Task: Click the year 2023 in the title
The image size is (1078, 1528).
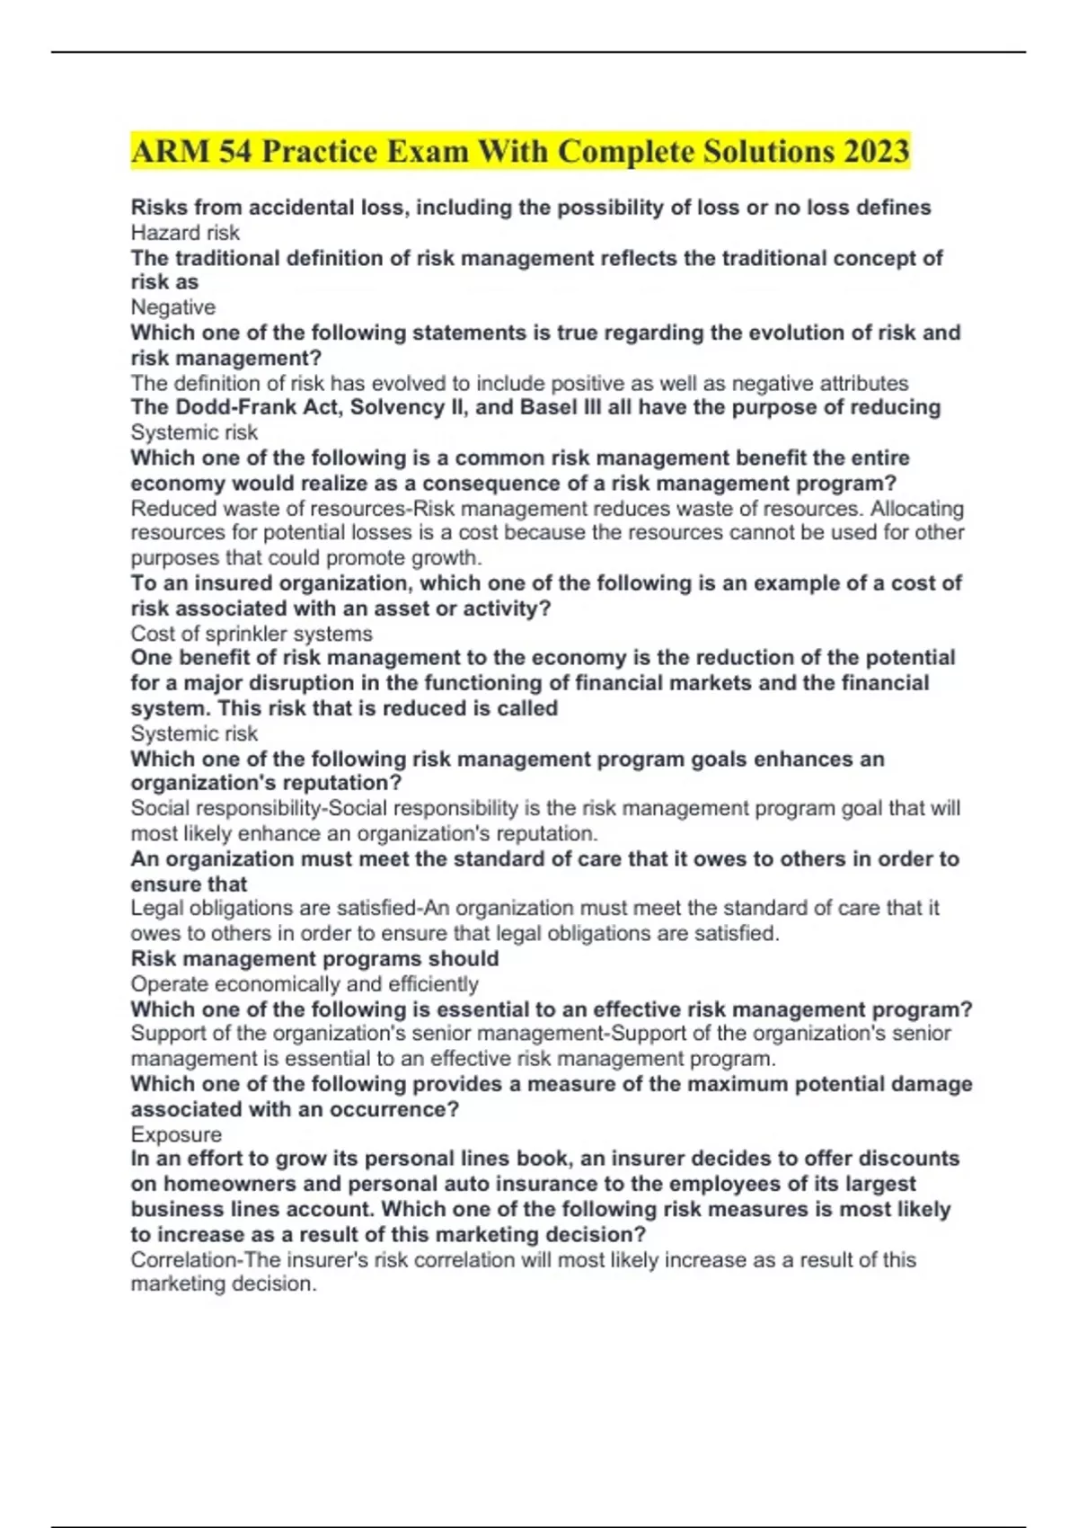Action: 876,151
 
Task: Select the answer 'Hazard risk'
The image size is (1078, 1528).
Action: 185,233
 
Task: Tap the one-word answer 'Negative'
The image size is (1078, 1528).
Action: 173,307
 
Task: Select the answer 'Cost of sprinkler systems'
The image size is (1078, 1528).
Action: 252,634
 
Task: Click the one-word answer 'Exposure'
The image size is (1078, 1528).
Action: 176,1134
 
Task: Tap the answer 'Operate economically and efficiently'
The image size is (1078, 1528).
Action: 305,984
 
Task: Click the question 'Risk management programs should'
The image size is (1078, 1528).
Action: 314,959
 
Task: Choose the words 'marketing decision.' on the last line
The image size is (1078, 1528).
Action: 224,1284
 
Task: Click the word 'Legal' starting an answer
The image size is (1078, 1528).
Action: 156,909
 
